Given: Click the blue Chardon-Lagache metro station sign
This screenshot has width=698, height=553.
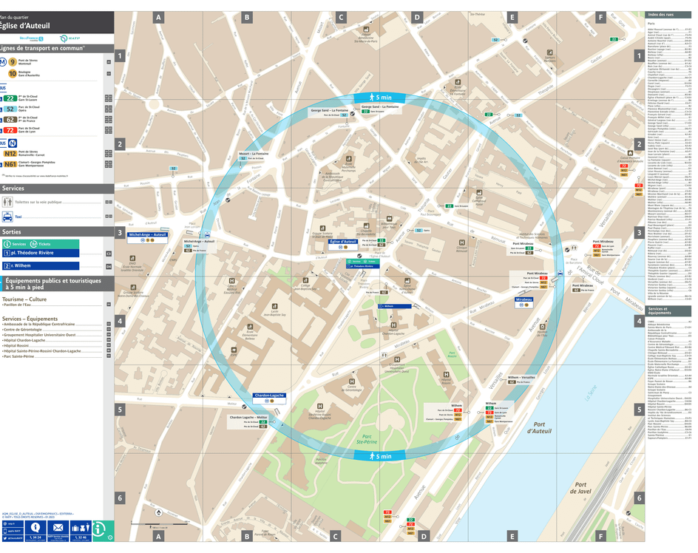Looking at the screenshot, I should click(x=269, y=396).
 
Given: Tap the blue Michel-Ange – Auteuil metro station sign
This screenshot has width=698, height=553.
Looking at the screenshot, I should click(x=148, y=234).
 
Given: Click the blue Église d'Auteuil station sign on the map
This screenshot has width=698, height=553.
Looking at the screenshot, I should click(x=344, y=242).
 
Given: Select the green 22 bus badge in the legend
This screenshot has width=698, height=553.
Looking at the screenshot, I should click(x=10, y=98).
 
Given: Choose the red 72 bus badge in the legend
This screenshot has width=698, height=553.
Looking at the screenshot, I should click(x=10, y=130).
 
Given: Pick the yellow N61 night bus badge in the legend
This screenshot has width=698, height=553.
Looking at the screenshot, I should click(x=10, y=164).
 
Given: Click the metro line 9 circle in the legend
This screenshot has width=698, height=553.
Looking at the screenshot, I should click(x=12, y=62).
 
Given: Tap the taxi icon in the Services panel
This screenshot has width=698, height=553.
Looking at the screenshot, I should click(x=7, y=217).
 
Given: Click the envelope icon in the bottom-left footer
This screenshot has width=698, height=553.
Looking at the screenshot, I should click(x=58, y=527).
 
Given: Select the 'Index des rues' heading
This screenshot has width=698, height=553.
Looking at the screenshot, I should click(x=663, y=15).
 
